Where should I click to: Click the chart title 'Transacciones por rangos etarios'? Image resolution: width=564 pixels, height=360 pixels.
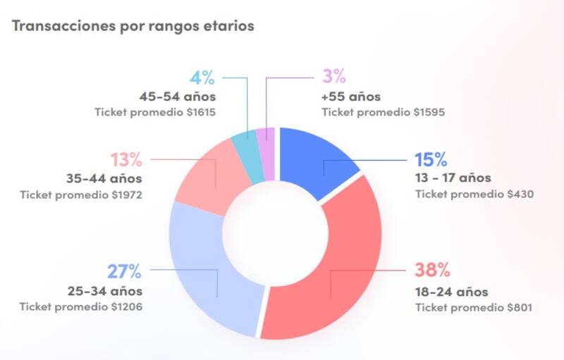(x=133, y=26)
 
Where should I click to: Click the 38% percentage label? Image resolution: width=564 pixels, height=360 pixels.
(x=432, y=271)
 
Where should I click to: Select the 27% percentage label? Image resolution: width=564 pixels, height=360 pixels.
(x=125, y=271)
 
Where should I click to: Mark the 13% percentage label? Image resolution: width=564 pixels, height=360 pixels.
(x=125, y=159)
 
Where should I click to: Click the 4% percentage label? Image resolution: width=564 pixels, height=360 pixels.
(x=203, y=77)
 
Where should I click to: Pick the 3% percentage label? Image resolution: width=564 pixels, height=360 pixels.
(x=333, y=77)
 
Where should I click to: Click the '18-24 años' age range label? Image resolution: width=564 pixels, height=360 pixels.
(x=451, y=292)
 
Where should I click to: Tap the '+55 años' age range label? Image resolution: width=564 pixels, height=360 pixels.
(x=350, y=97)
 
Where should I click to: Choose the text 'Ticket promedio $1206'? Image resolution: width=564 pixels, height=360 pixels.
(x=81, y=306)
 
